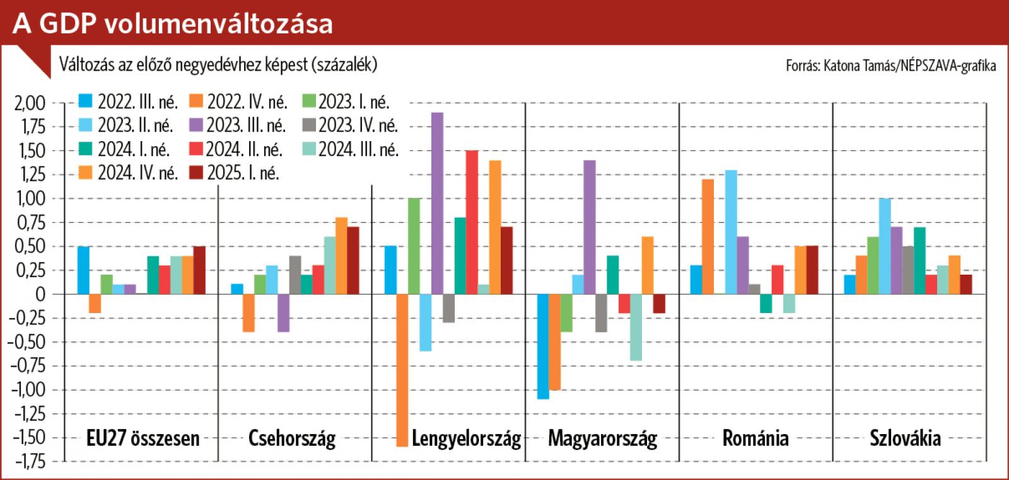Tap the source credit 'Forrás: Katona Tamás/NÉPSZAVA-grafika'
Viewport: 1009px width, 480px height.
(890, 66)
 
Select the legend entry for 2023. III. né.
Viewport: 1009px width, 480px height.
(238, 125)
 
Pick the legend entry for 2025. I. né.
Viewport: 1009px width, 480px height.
(235, 173)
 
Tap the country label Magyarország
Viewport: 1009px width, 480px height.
(602, 438)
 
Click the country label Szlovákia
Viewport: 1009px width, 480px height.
(905, 438)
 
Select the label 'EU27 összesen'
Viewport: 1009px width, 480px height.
(143, 438)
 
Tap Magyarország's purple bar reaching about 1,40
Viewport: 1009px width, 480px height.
(590, 227)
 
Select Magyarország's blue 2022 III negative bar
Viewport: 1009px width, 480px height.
(543, 346)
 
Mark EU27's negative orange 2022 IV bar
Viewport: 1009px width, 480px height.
(95, 304)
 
